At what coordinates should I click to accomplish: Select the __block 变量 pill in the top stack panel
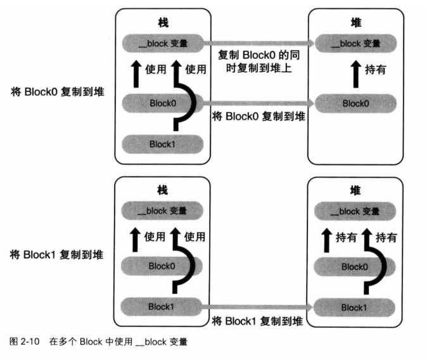[x=162, y=44]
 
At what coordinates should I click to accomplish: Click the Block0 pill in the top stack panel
[x=162, y=103]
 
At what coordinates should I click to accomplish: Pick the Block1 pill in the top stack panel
[x=162, y=143]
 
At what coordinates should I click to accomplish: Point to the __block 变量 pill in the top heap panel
[x=355, y=44]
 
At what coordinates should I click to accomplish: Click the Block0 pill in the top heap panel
[x=355, y=103]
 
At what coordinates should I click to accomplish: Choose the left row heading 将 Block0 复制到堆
[x=58, y=91]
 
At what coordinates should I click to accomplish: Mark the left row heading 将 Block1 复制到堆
[x=58, y=254]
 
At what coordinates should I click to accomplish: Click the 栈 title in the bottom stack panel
[x=162, y=190]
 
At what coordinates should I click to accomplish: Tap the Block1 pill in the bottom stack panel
[x=162, y=306]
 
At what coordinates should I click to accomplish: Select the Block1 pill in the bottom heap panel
[x=355, y=306]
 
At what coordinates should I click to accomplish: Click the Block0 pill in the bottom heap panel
[x=355, y=266]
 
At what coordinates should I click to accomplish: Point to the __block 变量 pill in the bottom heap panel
[x=355, y=210]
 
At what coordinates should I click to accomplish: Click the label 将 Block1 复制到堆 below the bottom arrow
[x=259, y=320]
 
